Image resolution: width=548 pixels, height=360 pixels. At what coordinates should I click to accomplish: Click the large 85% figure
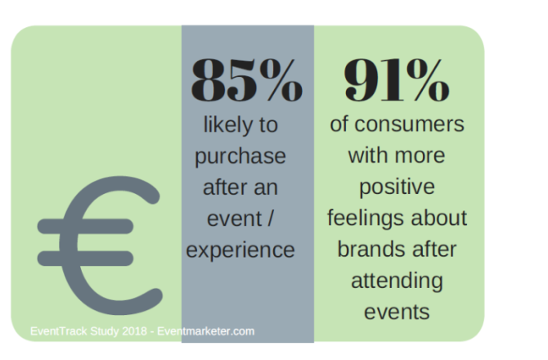click(247, 81)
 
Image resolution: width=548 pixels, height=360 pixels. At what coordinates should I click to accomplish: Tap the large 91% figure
click(398, 81)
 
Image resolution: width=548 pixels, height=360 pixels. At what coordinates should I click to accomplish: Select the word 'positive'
click(398, 188)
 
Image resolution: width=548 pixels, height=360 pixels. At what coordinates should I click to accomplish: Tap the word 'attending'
click(398, 281)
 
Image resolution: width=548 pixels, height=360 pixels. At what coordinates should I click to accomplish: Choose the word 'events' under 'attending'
click(398, 311)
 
